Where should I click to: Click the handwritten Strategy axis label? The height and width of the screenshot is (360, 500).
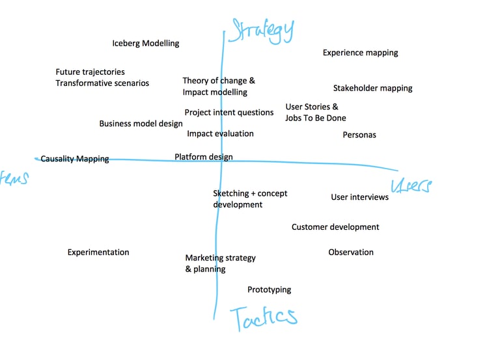point(262,29)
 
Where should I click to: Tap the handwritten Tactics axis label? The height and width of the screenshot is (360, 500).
point(263,317)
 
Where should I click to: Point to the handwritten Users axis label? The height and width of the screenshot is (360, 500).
point(410,186)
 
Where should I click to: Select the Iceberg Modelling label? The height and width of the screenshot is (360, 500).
point(145,44)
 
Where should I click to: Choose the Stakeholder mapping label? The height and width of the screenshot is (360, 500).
point(372,89)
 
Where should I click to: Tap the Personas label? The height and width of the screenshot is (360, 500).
point(359,135)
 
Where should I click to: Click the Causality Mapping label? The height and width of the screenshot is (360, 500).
point(74,159)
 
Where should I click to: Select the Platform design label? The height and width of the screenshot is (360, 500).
point(203,157)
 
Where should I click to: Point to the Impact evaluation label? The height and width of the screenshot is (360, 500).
point(220,134)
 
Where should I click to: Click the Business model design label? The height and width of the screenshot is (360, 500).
point(141,124)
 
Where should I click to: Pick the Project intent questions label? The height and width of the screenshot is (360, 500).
point(229,113)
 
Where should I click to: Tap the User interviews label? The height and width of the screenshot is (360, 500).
point(359,197)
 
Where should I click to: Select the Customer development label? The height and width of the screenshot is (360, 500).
point(335,227)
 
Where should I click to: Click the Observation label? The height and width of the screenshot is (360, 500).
point(350,253)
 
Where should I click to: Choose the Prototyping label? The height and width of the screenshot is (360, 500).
point(269,290)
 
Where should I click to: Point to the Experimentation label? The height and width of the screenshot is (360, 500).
point(98,253)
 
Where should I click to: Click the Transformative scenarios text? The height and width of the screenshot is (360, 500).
point(102,83)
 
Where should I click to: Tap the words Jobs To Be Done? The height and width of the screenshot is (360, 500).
point(315,118)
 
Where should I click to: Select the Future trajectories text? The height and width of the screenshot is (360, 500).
point(90,72)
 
